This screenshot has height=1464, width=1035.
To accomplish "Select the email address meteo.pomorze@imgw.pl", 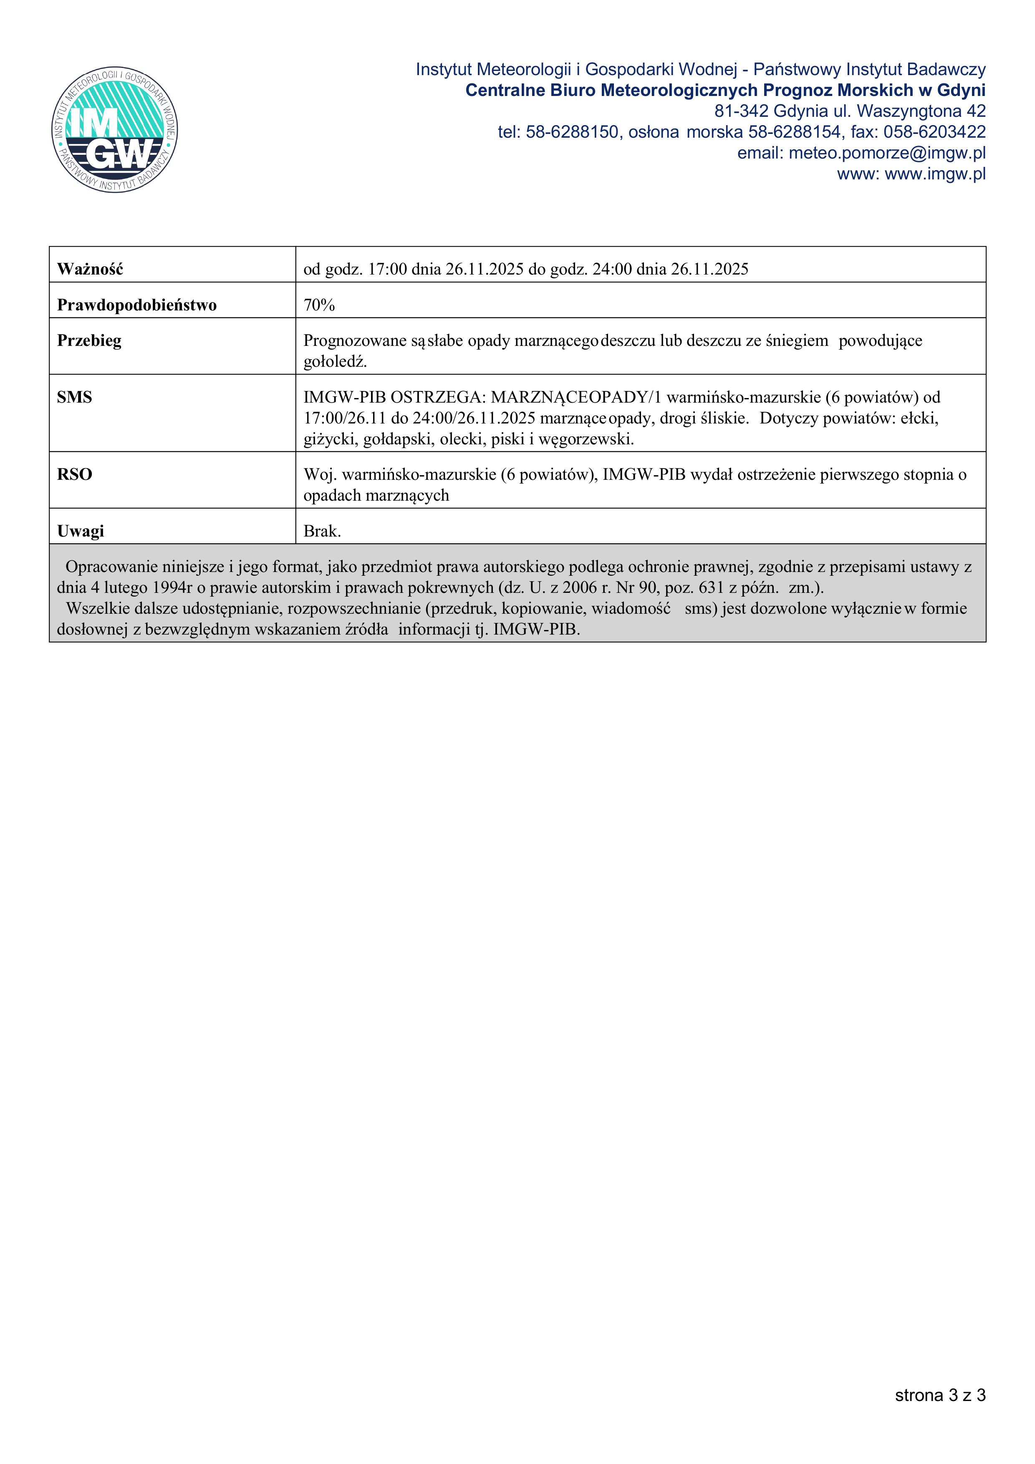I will pyautogui.click(x=887, y=153).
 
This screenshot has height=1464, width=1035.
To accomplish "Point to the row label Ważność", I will pyautogui.click(x=90, y=269).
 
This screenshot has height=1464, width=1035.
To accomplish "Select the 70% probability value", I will pyautogui.click(x=319, y=305).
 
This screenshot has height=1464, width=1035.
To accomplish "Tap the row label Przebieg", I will pyautogui.click(x=89, y=340).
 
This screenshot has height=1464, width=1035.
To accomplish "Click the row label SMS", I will pyautogui.click(x=75, y=397).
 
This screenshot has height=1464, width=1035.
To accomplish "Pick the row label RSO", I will pyautogui.click(x=75, y=474).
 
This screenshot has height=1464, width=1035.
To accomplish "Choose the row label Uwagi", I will pyautogui.click(x=81, y=531).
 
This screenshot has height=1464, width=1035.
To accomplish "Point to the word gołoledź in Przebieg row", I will pyautogui.click(x=335, y=362).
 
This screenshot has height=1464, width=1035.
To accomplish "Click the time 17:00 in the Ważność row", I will pyautogui.click(x=388, y=269).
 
